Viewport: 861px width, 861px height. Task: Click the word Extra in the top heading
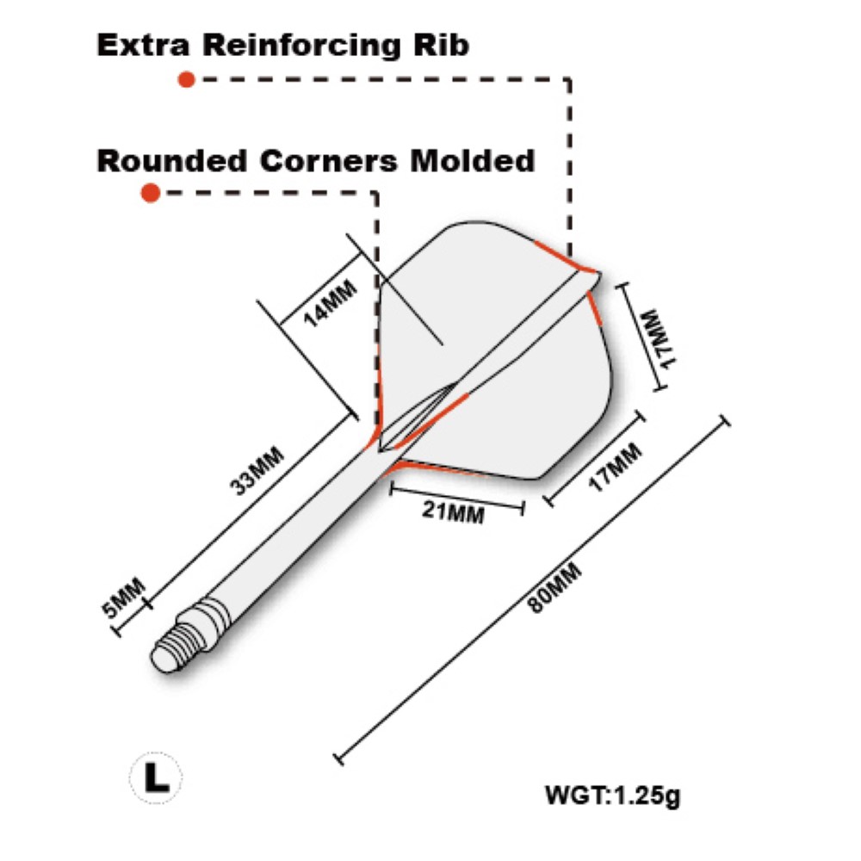[138, 45]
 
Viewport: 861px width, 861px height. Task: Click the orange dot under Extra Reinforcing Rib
[185, 80]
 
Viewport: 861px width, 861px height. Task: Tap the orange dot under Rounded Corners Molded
[151, 194]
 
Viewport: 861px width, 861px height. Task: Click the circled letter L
[156, 777]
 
